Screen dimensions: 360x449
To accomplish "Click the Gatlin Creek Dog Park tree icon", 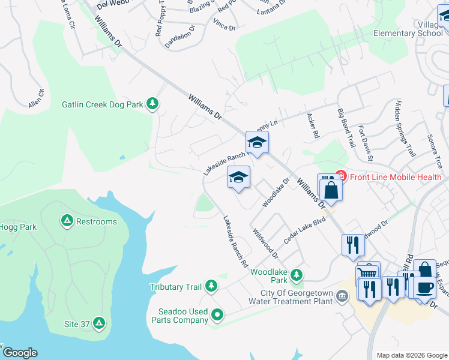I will (153, 104).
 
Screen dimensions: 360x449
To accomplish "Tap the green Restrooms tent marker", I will (67, 221).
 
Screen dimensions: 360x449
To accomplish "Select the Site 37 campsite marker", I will (99, 324).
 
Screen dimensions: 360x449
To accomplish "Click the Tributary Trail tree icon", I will (211, 287).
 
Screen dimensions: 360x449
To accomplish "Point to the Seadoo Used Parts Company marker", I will (217, 314).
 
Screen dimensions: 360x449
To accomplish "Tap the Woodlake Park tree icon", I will (296, 275).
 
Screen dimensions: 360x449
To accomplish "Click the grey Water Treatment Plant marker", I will (342, 295).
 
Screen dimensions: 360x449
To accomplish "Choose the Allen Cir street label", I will (36, 99).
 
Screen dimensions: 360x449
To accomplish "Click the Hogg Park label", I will (19, 227).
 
